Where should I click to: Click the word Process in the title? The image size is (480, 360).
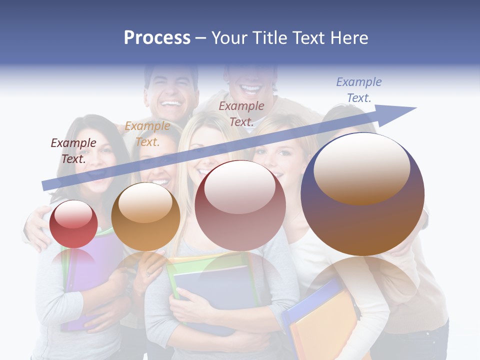click(157, 38)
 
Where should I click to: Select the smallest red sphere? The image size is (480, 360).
click(73, 225)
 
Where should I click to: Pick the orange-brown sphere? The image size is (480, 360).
click(145, 217)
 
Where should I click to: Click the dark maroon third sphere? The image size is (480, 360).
click(240, 206)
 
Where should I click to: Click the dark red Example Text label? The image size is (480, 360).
click(73, 150)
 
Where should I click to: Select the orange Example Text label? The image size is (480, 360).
click(147, 134)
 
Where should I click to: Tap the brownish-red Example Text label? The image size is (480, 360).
click(241, 113)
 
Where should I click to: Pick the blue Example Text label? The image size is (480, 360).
click(358, 90)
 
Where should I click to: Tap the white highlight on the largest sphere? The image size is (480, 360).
click(361, 167)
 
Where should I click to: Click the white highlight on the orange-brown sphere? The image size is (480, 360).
click(145, 203)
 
